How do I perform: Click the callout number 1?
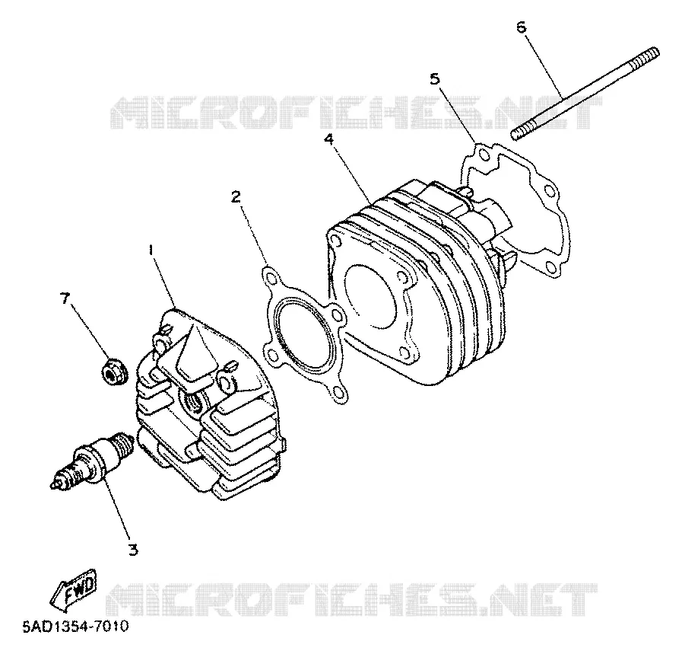click(151, 250)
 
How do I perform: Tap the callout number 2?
click(235, 197)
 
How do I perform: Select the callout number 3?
click(133, 549)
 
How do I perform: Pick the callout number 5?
click(434, 79)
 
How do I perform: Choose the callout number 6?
click(521, 27)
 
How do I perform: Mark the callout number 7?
click(65, 298)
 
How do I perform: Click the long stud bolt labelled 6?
click(585, 94)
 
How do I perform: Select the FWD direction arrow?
click(74, 589)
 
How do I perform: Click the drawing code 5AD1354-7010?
click(76, 627)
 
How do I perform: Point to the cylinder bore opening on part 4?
click(371, 295)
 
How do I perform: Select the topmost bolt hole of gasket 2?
click(270, 277)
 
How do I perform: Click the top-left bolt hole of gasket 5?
click(483, 154)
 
